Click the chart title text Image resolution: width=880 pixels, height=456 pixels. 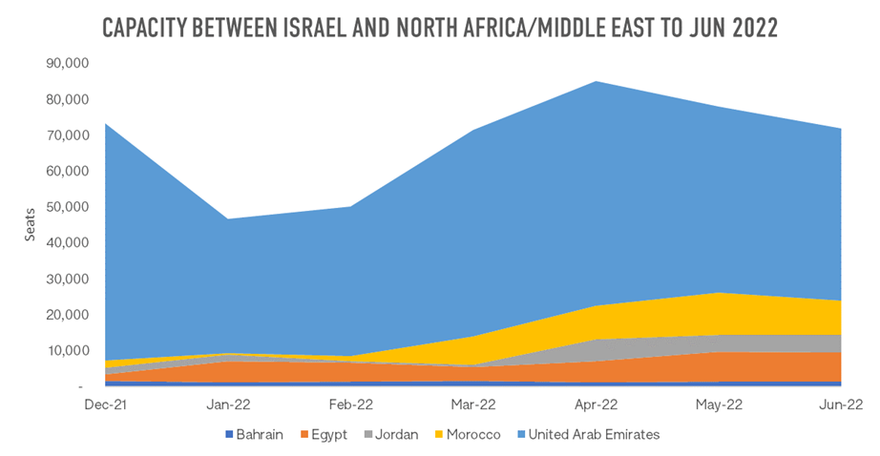pyautogui.click(x=440, y=28)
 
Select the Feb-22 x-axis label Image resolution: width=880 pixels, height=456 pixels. pyautogui.click(x=352, y=404)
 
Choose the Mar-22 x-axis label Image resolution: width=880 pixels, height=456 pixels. pyautogui.click(x=474, y=404)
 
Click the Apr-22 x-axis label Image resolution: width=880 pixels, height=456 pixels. pyautogui.click(x=597, y=404)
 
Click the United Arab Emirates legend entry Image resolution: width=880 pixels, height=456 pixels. pyautogui.click(x=591, y=434)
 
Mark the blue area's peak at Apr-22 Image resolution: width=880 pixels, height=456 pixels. pyautogui.click(x=597, y=81)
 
